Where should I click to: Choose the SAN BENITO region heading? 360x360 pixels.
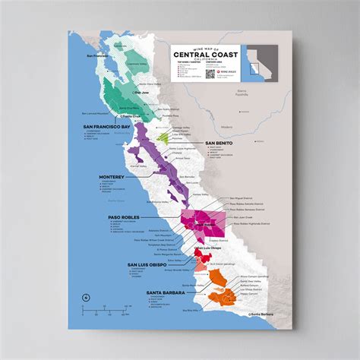pyautogui.click(x=219, y=142)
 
